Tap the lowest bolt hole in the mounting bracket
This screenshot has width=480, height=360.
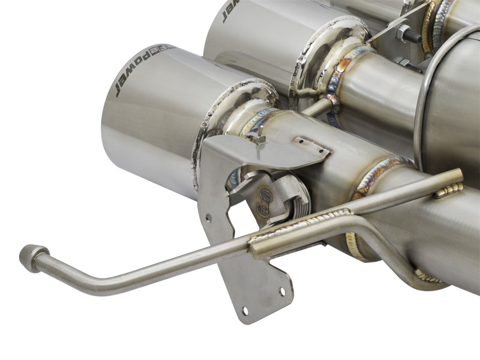click(244, 311)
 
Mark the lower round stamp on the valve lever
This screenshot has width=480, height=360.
click(264, 208)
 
